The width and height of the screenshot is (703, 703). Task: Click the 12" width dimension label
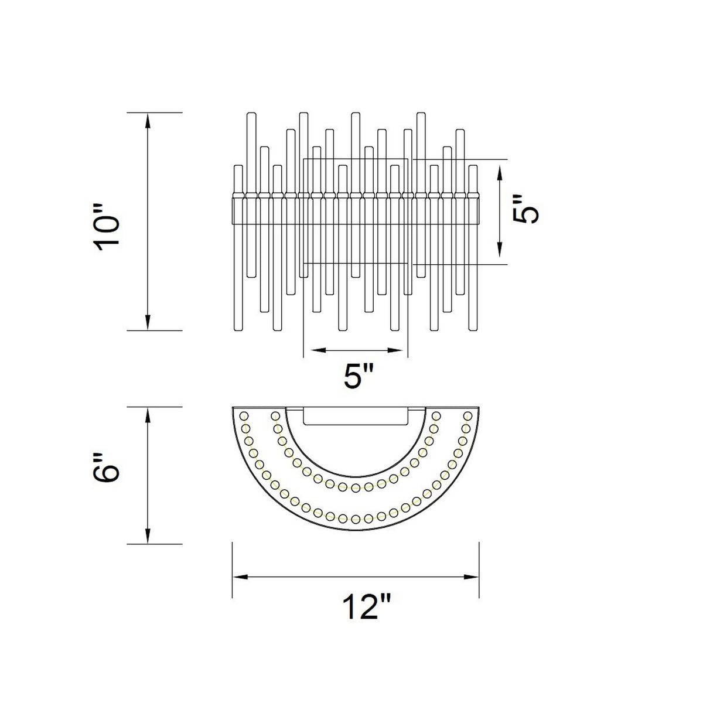tap(367, 608)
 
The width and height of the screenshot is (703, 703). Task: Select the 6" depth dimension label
tap(107, 469)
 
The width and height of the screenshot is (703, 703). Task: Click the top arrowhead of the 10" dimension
tap(148, 121)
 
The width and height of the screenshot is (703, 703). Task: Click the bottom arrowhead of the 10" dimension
tap(148, 322)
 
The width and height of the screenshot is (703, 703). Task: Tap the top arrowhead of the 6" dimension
tap(148, 415)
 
